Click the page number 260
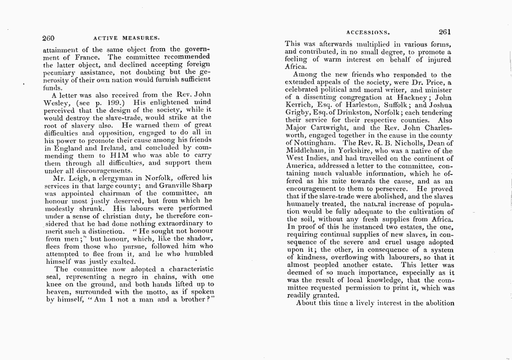[49, 38]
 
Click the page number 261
[448, 31]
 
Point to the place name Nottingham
[311, 143]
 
